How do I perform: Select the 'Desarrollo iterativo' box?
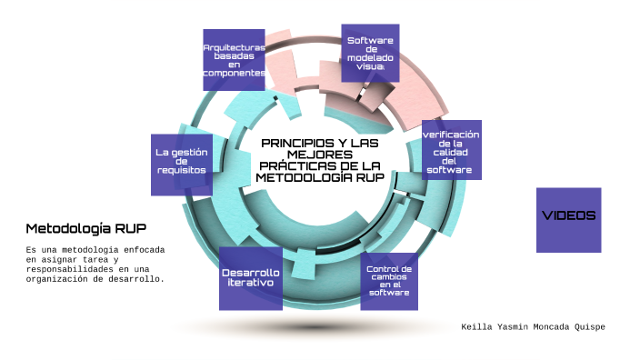pyautogui.click(x=251, y=278)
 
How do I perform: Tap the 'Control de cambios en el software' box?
pyautogui.click(x=388, y=281)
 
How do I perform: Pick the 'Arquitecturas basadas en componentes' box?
pyautogui.click(x=234, y=60)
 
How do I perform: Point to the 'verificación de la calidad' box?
pyautogui.click(x=451, y=150)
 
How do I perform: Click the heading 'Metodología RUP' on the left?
pyautogui.click(x=85, y=228)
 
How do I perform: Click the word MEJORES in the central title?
pyautogui.click(x=319, y=155)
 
